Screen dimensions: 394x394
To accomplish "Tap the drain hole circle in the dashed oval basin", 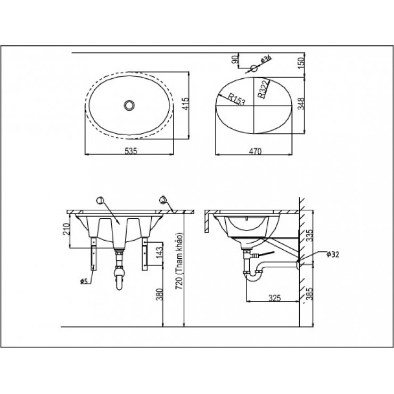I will tap(128, 105).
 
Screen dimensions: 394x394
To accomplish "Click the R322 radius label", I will tap(263, 91).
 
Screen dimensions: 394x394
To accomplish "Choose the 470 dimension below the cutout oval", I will tap(256, 151).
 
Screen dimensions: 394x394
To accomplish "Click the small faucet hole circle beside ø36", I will tap(255, 68).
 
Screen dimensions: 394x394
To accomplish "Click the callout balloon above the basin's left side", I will tap(99, 200).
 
